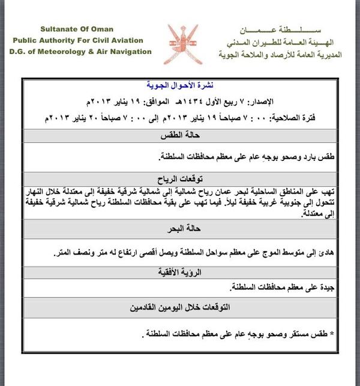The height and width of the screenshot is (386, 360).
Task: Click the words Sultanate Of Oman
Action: tap(76, 29)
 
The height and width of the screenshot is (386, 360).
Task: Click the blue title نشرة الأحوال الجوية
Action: tap(182, 85)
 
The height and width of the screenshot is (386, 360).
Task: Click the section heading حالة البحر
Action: tap(181, 228)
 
